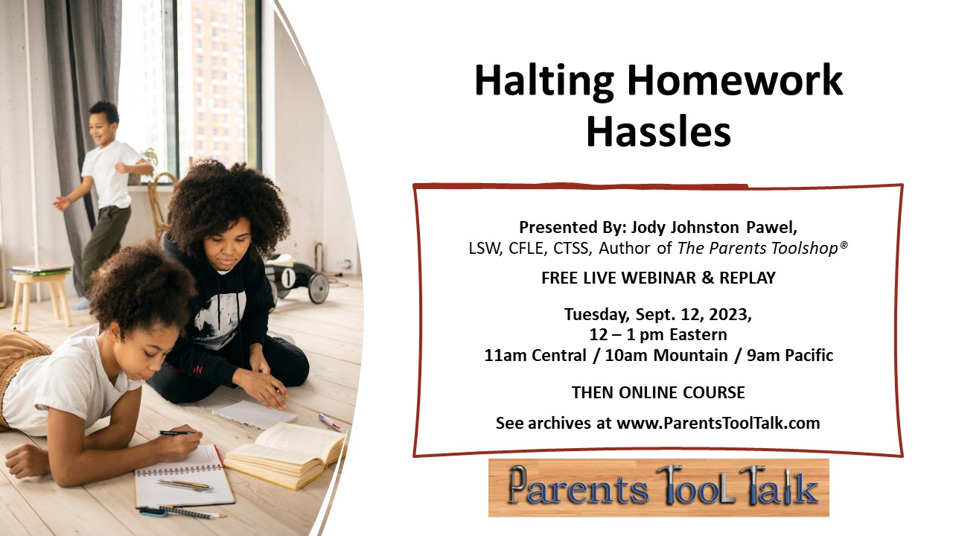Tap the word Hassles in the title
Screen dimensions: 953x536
pos(659,132)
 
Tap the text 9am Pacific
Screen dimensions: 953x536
pos(790,355)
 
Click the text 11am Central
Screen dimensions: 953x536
pos(535,355)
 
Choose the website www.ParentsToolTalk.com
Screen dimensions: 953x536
pos(718,424)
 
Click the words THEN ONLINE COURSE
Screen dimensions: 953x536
pos(658,392)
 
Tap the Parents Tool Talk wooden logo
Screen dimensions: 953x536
pos(659,488)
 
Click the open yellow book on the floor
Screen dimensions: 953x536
pos(286,454)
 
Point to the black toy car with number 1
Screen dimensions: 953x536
pos(297,278)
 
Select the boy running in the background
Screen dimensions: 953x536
pos(105,200)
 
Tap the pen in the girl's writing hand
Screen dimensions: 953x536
pos(176,433)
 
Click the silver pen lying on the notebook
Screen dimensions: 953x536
pos(183,485)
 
